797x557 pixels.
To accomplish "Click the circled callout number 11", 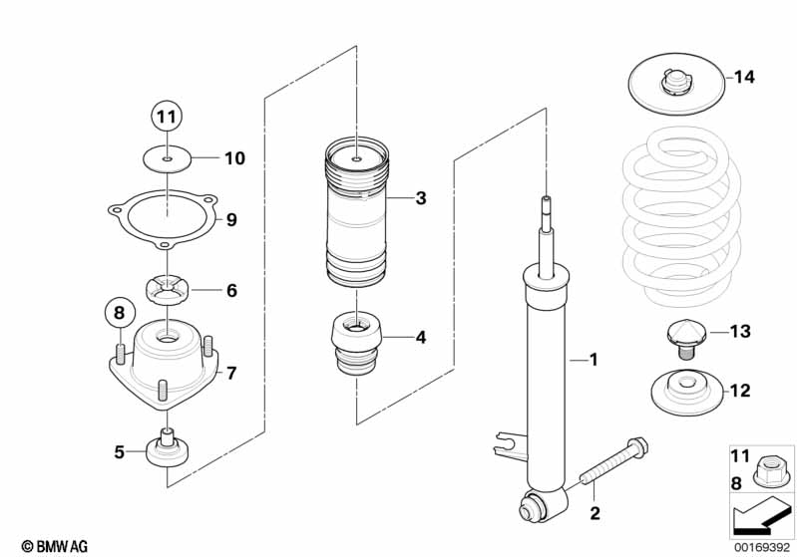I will tap(168, 118).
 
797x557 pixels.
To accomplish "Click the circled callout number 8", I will tap(118, 313).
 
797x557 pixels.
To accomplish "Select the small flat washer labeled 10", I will tap(167, 157).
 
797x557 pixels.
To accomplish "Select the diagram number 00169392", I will tap(763, 545).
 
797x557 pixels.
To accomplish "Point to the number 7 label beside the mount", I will tap(230, 374).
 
